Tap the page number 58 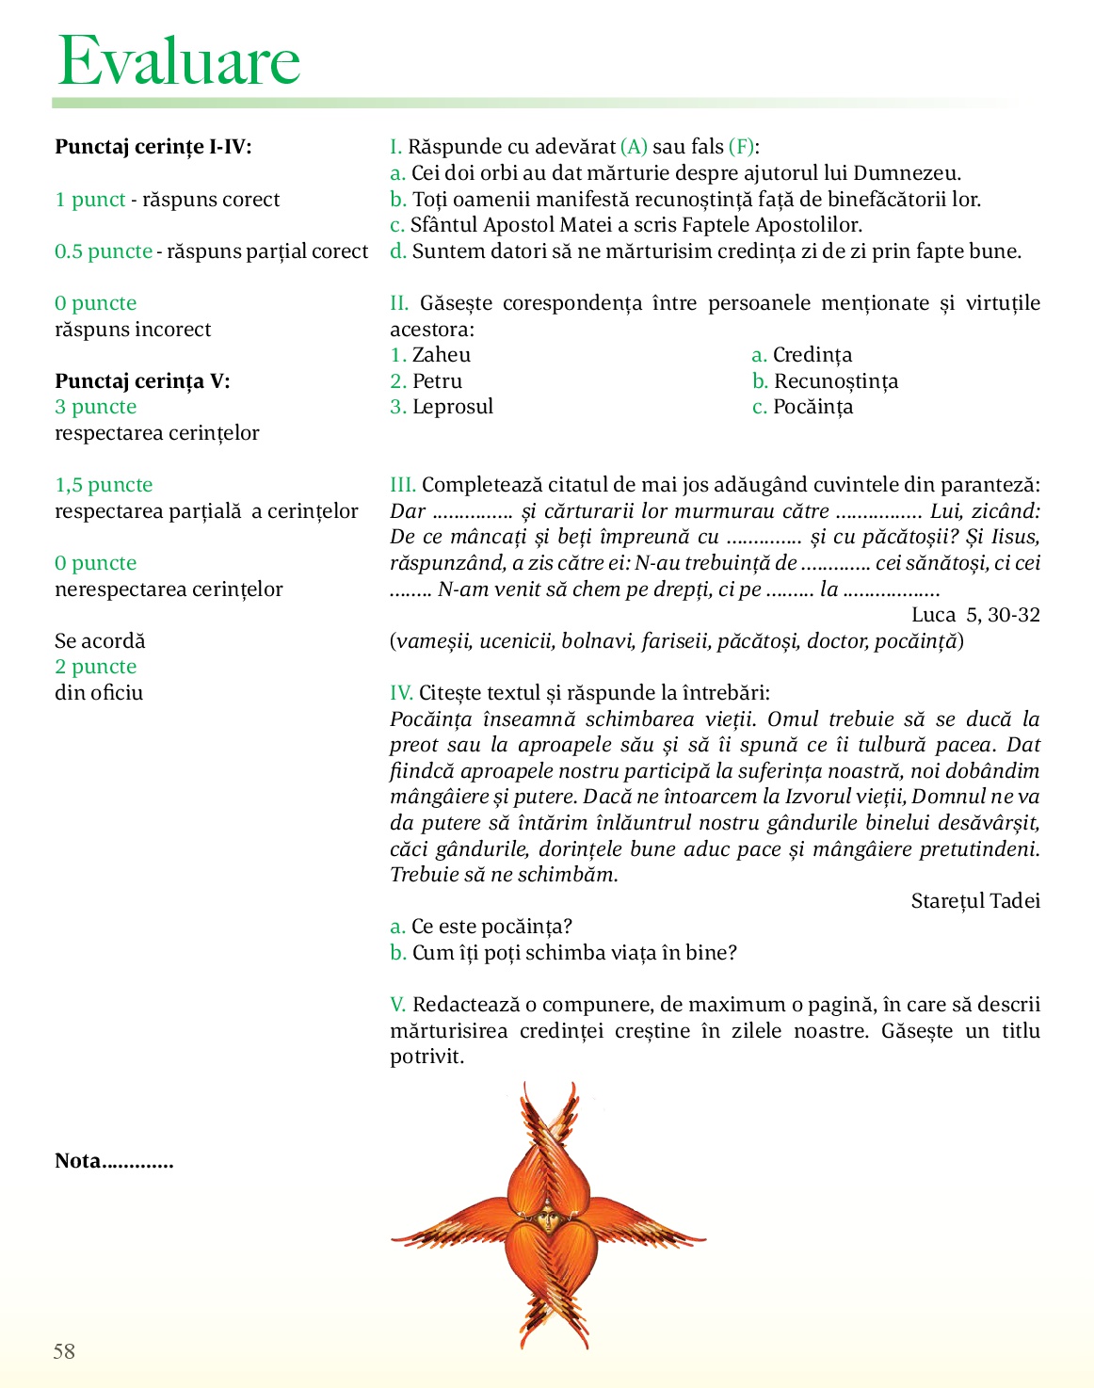[64, 1351]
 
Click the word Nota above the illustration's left [78, 1161]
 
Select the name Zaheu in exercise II [442, 355]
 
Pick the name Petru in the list [438, 381]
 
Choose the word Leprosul [453, 407]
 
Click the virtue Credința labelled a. [812, 355]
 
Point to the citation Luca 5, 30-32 [975, 615]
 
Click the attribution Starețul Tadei [975, 901]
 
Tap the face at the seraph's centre [549, 1220]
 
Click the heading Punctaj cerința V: [142, 381]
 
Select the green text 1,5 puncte [104, 485]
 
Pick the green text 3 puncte [96, 407]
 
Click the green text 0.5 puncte [104, 251]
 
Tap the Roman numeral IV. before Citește [401, 693]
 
